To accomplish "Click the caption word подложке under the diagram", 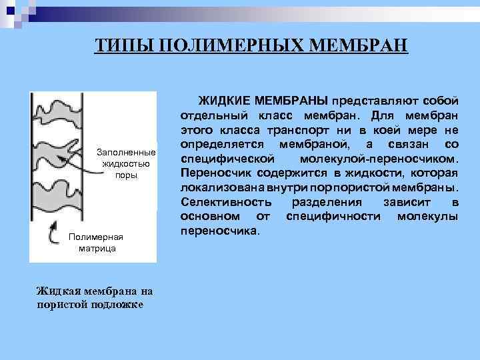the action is pos(124,304).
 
